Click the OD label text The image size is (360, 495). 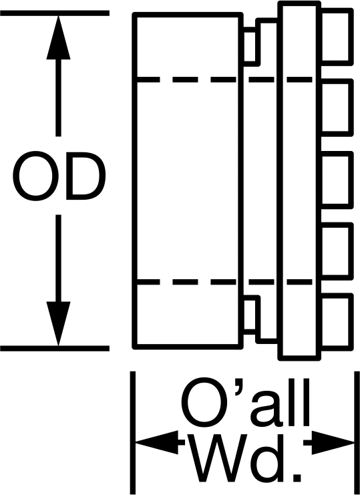click(x=59, y=176)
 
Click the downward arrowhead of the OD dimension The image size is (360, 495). click(x=58, y=323)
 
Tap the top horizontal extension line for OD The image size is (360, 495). click(x=55, y=13)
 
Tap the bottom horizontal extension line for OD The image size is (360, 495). click(x=55, y=349)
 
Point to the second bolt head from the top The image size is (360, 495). click(x=336, y=108)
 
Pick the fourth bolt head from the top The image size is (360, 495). click(x=336, y=251)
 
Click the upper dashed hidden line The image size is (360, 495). click(x=223, y=79)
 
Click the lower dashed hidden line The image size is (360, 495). click(x=223, y=282)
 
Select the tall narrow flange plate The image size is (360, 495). click(x=299, y=180)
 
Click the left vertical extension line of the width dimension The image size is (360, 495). click(x=133, y=432)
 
